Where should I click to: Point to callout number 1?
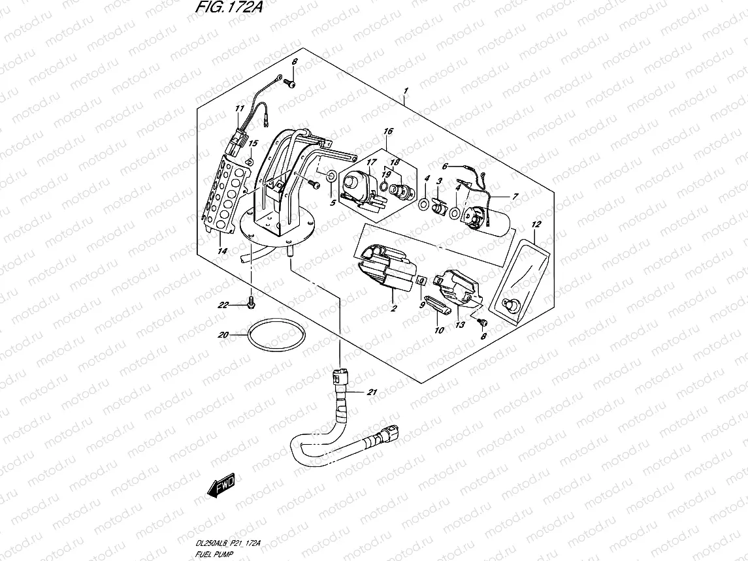click(x=406, y=90)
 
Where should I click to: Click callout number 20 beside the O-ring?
click(x=222, y=336)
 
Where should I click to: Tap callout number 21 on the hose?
click(x=372, y=393)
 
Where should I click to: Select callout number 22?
click(x=224, y=305)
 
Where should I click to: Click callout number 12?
click(x=536, y=225)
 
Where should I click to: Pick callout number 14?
click(x=222, y=251)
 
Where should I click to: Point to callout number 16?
click(x=389, y=132)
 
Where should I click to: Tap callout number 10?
click(x=439, y=330)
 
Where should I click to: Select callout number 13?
click(x=460, y=325)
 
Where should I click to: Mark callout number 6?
click(x=446, y=167)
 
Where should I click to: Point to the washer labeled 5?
click(x=331, y=175)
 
